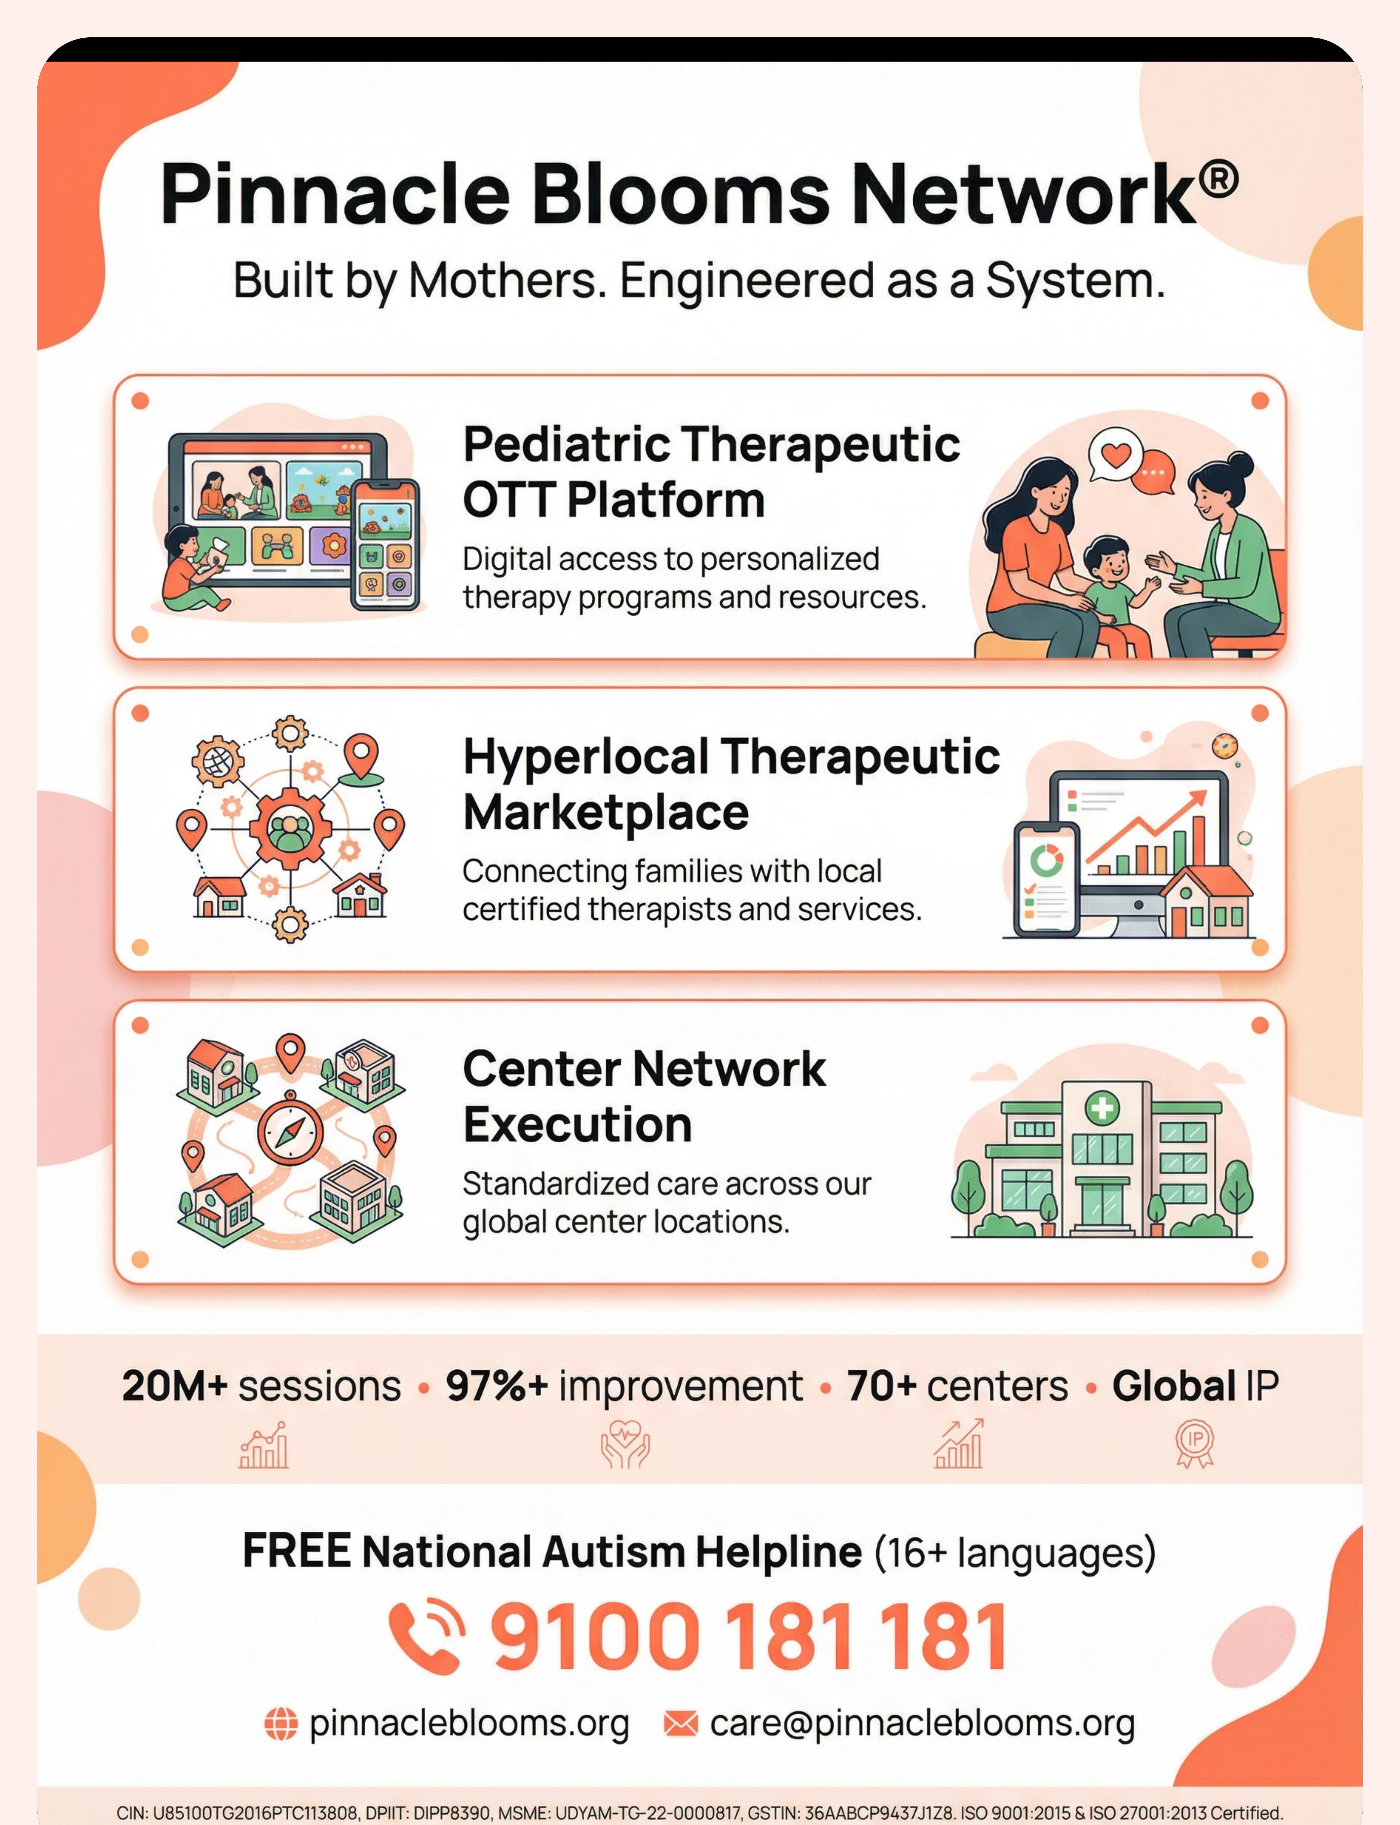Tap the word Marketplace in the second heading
tap(606, 813)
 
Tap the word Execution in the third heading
tap(578, 1125)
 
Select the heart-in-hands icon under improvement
tap(625, 1444)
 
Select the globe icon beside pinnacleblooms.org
tap(281, 1723)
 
